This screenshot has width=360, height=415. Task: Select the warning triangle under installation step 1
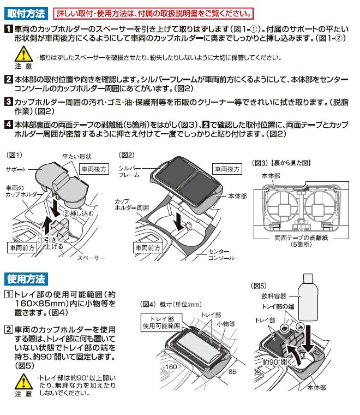22,54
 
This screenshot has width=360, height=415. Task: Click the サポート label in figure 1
16,170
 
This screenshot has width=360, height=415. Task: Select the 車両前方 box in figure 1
22,247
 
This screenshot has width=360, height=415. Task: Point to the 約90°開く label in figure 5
275,362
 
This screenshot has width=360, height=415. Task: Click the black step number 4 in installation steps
8,123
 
